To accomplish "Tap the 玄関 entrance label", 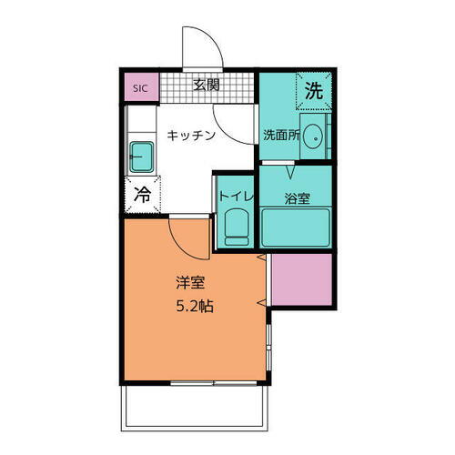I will tap(207, 86).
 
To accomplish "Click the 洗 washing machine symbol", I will tap(313, 90).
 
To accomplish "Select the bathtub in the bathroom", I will tap(295, 226).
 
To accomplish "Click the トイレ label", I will tap(232, 195).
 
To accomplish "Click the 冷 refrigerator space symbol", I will tap(143, 194).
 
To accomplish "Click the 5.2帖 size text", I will tap(194, 307).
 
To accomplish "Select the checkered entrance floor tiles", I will tap(237, 87).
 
